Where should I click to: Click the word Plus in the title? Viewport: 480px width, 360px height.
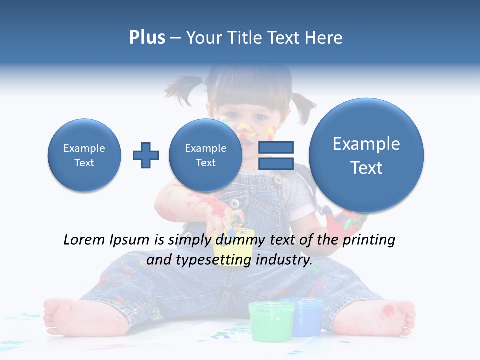click(147, 38)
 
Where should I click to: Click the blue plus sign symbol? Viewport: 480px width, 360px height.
click(146, 155)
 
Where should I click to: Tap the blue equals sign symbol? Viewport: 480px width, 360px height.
click(276, 155)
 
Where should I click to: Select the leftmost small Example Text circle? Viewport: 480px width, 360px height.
click(84, 155)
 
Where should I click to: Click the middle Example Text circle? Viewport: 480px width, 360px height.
click(206, 155)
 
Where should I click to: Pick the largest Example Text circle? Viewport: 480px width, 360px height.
click(366, 155)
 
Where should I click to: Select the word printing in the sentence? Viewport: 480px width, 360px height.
click(368, 240)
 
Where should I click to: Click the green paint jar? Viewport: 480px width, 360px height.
click(271, 320)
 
